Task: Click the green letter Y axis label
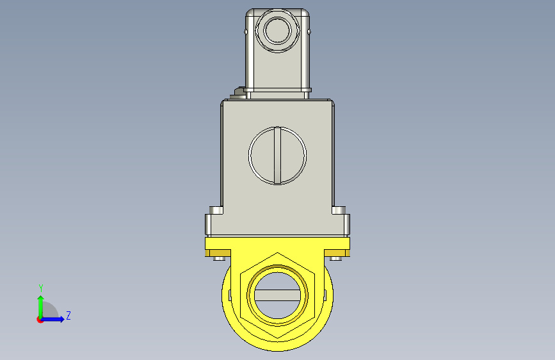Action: pos(41,288)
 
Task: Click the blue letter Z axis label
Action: pos(68,315)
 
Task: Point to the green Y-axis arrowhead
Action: pos(41,299)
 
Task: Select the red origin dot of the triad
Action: pos(40,320)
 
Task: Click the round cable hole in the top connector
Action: pos(278,31)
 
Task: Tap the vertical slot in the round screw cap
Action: pos(278,156)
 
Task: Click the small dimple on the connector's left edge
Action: pos(246,32)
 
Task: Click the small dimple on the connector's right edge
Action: pos(309,32)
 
